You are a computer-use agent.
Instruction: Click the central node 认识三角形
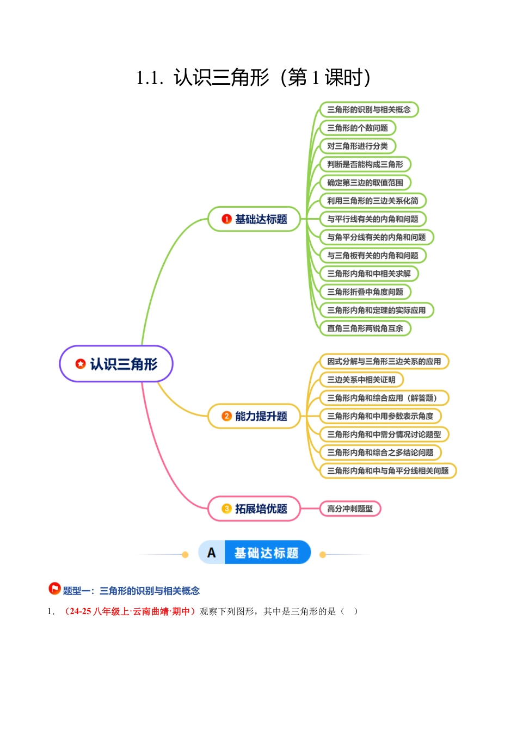tap(116, 364)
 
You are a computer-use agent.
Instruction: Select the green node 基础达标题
tap(254, 219)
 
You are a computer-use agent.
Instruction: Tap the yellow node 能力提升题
tap(254, 416)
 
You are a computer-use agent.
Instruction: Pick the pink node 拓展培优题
tap(254, 509)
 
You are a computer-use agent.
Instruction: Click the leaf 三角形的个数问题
tap(358, 128)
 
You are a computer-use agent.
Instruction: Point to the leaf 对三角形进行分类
tap(358, 146)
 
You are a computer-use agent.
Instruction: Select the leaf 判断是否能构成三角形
tap(365, 164)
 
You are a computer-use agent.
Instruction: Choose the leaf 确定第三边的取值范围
tap(365, 183)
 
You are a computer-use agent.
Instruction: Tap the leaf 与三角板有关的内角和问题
tap(373, 255)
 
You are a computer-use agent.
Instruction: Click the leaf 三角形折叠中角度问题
tap(365, 292)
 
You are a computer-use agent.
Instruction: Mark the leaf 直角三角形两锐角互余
tap(365, 329)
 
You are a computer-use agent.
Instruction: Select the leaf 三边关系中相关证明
tap(361, 380)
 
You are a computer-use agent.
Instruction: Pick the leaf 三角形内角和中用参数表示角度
tap(380, 416)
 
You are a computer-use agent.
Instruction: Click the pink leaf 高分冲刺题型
tap(350, 509)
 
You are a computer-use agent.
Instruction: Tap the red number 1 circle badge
tap(227, 219)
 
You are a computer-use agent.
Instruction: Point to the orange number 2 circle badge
tap(227, 416)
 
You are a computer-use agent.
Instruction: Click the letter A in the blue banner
tap(212, 553)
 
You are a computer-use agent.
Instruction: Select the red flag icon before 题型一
tap(54, 588)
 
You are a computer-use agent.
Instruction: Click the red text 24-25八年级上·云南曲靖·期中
tap(129, 611)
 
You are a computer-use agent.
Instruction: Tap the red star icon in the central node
tap(81, 363)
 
